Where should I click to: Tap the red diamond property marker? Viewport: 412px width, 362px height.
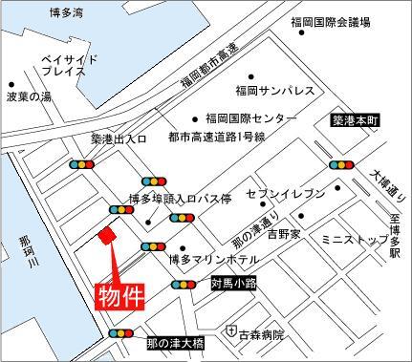(x=108, y=236)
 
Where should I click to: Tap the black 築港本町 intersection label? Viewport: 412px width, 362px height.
(x=356, y=122)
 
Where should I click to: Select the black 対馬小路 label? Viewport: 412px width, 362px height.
(x=233, y=283)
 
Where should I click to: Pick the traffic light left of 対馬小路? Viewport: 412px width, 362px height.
(x=185, y=284)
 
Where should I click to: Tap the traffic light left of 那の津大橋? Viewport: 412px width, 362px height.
(x=122, y=334)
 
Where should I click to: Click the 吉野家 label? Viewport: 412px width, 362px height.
(x=283, y=233)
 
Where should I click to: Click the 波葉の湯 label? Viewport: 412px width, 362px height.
(x=28, y=96)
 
